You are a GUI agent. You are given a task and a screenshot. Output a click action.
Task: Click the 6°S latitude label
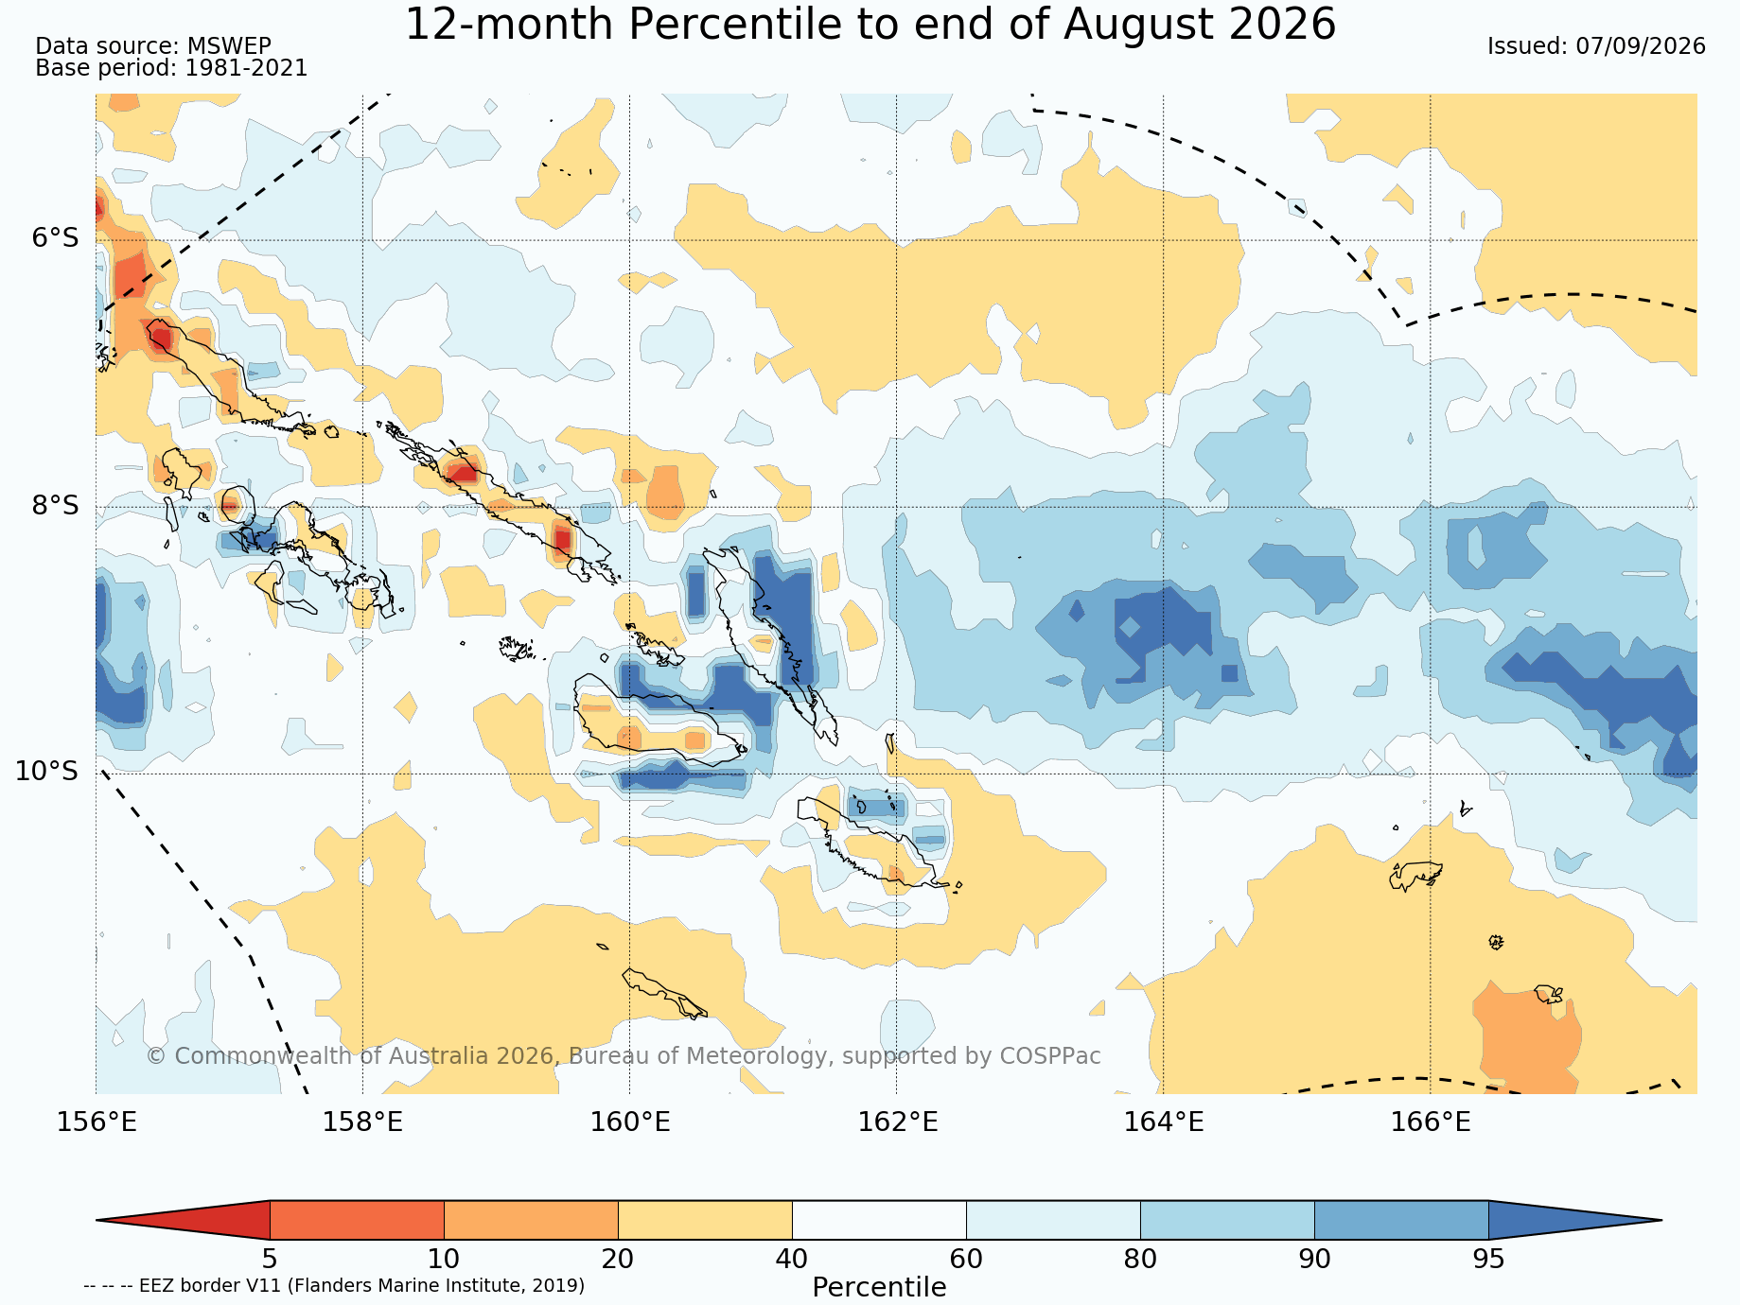[56, 238]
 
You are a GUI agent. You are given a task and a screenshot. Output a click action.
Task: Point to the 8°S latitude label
[56, 505]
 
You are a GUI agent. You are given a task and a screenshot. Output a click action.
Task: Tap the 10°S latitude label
[47, 772]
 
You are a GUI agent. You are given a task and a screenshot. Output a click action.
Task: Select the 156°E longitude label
[97, 1122]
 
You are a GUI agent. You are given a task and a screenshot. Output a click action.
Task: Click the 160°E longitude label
[630, 1122]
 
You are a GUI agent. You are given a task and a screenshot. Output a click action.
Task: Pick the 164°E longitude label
[1164, 1122]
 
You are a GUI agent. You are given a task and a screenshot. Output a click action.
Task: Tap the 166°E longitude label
[1431, 1122]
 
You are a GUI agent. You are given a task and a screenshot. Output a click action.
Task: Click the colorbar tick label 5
[270, 1260]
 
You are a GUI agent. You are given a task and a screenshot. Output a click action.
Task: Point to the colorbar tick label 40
[792, 1260]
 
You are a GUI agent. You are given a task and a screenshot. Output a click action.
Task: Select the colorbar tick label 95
[1488, 1260]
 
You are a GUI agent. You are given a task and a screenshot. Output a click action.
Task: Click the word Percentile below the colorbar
[879, 1287]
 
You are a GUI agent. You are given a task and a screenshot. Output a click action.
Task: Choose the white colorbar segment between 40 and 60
[879, 1220]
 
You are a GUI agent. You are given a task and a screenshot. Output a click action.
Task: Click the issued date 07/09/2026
[1641, 46]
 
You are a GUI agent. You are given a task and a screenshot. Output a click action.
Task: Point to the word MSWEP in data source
[229, 46]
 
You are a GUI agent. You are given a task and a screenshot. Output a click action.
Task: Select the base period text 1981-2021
[246, 68]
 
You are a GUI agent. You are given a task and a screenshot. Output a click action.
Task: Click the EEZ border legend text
[334, 1285]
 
